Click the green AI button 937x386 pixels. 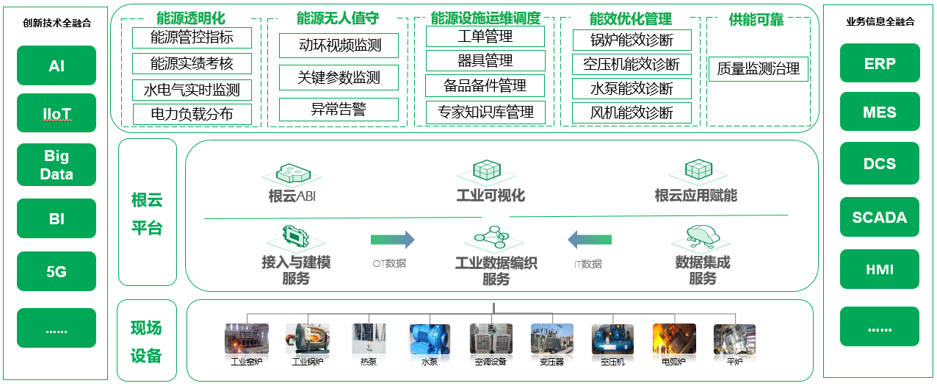tap(57, 65)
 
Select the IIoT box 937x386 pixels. tap(57, 113)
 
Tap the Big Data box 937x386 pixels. tap(57, 165)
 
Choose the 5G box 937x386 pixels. tap(57, 271)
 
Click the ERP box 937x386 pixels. tap(880, 63)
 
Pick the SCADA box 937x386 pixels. tap(880, 218)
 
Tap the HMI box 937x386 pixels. tap(880, 270)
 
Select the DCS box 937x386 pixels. tap(880, 163)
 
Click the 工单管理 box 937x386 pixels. tap(485, 37)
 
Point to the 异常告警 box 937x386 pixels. tap(339, 110)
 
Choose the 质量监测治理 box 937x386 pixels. tap(759, 69)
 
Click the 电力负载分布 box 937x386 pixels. tap(192, 114)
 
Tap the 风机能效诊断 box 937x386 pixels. tap(632, 112)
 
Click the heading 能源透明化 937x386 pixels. tap(190, 18)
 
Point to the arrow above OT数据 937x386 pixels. tap(392, 240)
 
